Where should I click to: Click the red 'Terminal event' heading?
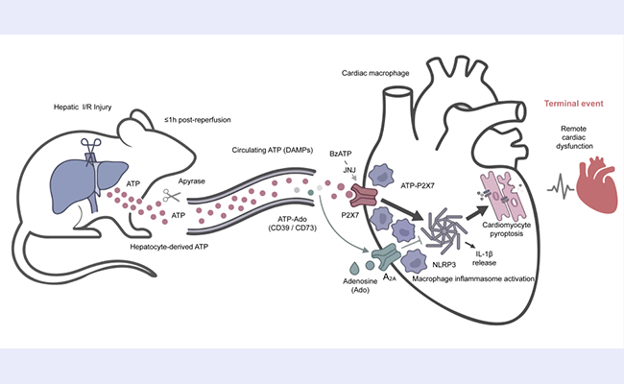point(573,104)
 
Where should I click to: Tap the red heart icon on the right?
point(596,184)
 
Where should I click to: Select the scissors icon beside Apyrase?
point(172,196)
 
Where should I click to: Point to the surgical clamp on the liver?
point(90,152)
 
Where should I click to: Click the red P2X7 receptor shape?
point(363,195)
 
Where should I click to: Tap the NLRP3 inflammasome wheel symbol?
point(443,230)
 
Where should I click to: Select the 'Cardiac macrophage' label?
point(375,73)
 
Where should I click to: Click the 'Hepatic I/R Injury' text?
point(83,108)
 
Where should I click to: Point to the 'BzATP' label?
point(341,154)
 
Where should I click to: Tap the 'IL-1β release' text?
point(484,258)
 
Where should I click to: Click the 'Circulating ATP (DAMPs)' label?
point(273,150)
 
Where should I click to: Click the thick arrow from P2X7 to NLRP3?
point(401,209)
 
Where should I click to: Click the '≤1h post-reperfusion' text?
point(198,120)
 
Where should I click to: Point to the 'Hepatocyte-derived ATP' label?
point(169,247)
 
